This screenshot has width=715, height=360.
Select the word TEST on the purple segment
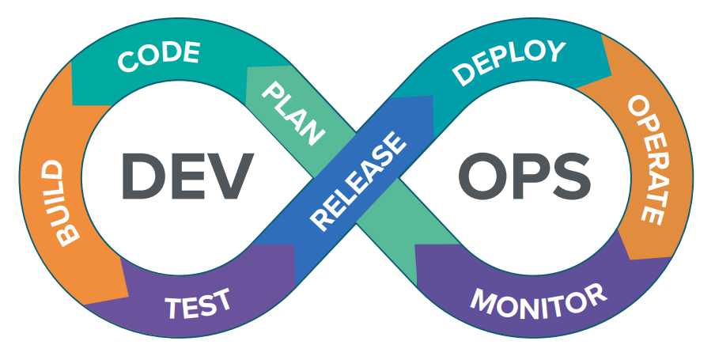tap(199, 303)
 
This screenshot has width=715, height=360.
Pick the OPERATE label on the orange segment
tap(644, 158)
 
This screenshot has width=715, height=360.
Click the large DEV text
tap(188, 176)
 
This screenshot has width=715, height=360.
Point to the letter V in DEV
tap(234, 176)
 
